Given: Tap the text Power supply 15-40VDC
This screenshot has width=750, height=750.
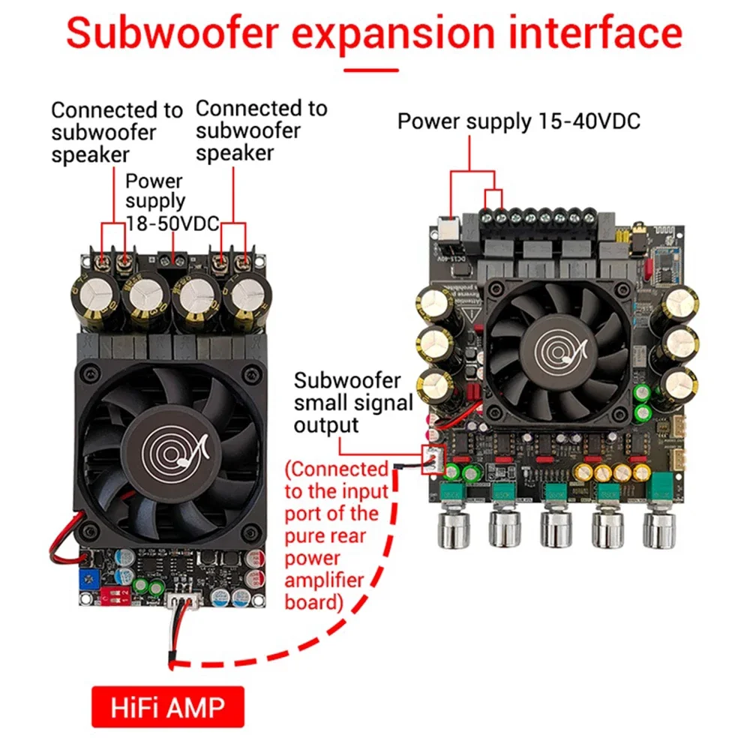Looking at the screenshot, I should tap(518, 121).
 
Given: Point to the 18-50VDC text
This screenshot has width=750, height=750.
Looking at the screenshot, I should tap(172, 223).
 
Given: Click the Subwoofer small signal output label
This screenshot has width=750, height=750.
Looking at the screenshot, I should tap(353, 403).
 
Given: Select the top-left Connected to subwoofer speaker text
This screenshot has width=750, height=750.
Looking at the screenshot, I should tap(115, 132).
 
